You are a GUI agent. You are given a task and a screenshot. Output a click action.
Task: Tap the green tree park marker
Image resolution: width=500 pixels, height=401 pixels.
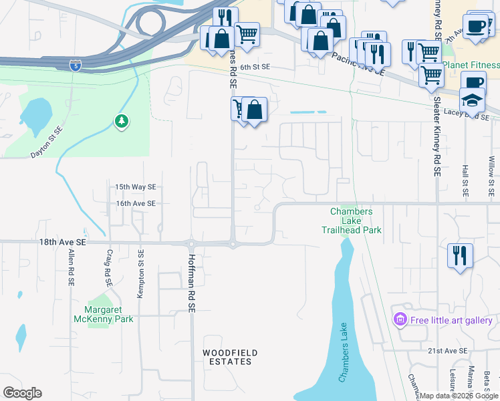point(122,122)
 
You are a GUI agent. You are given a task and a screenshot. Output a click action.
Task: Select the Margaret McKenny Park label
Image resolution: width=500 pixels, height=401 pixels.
point(109,314)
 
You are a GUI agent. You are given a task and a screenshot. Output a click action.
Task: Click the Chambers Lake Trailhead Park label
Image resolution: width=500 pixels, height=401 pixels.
point(356,221)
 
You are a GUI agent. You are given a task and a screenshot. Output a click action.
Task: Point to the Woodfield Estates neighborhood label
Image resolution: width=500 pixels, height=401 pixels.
point(231,357)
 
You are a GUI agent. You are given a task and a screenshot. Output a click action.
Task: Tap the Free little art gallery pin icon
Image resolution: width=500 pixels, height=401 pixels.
point(400,321)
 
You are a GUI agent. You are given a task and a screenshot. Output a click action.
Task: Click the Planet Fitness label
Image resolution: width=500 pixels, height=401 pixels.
point(471,65)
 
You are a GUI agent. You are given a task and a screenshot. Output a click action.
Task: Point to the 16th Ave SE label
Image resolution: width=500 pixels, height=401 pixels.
point(135,203)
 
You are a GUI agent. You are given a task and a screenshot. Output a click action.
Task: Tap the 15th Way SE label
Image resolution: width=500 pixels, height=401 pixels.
point(135,187)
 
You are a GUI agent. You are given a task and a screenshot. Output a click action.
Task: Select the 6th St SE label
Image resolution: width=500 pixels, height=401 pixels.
point(255,68)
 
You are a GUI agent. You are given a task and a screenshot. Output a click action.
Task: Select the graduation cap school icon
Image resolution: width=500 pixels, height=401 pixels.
point(473,100)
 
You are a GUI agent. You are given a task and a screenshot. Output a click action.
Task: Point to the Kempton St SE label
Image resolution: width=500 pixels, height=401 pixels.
point(141,274)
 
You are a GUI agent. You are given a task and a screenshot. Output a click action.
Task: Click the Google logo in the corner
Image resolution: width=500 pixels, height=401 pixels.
point(22,393)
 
